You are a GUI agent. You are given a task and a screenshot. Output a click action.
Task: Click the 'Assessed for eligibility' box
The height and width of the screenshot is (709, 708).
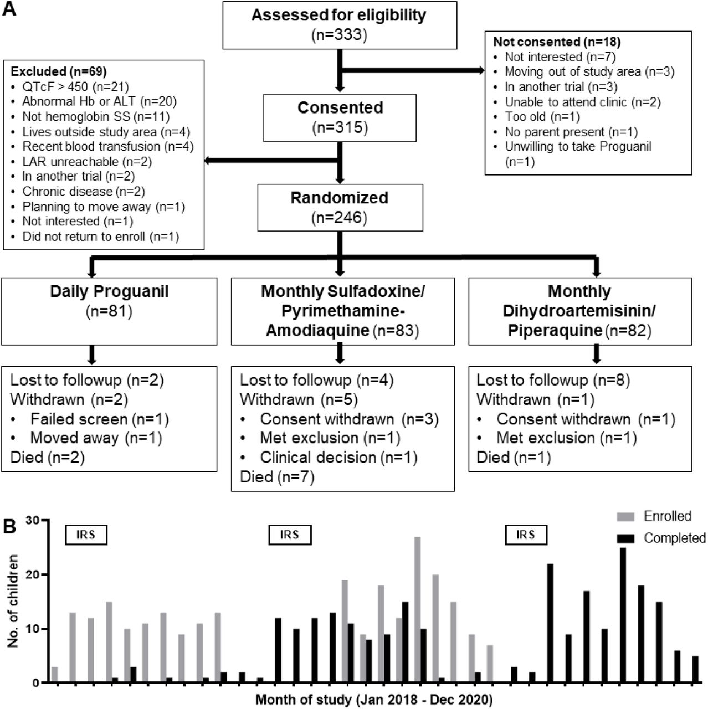tap(340, 25)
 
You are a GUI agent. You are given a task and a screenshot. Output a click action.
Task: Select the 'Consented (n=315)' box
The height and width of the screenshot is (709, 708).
tap(340, 118)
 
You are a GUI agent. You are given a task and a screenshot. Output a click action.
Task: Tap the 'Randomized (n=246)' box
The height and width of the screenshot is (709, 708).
tap(340, 208)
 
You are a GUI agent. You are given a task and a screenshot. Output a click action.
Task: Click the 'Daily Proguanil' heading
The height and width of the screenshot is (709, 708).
tap(109, 291)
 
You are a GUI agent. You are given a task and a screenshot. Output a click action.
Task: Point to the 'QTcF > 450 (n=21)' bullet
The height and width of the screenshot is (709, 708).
tap(75, 87)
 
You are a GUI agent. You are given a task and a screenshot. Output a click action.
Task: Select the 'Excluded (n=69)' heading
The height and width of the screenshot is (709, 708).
tap(59, 71)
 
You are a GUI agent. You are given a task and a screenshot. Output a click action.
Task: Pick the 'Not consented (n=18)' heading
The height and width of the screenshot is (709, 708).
tap(556, 42)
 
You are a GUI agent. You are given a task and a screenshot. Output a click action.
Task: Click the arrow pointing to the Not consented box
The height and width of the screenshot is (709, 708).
tap(412, 70)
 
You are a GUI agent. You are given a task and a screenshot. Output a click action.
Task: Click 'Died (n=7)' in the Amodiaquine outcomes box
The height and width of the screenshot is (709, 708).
tap(277, 477)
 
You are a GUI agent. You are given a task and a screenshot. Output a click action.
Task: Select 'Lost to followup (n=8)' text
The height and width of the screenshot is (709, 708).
tap(553, 380)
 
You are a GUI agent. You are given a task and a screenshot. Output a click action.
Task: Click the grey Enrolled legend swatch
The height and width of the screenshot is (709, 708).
tap(625, 516)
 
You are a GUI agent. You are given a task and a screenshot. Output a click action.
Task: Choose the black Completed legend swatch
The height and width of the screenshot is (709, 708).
tap(625, 538)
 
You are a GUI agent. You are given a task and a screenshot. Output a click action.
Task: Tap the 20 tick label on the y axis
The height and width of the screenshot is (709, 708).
tap(32, 575)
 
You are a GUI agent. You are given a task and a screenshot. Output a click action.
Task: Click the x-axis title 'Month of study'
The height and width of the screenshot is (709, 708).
tap(374, 699)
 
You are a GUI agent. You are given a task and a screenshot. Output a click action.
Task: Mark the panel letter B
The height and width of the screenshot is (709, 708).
tap(9, 526)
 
